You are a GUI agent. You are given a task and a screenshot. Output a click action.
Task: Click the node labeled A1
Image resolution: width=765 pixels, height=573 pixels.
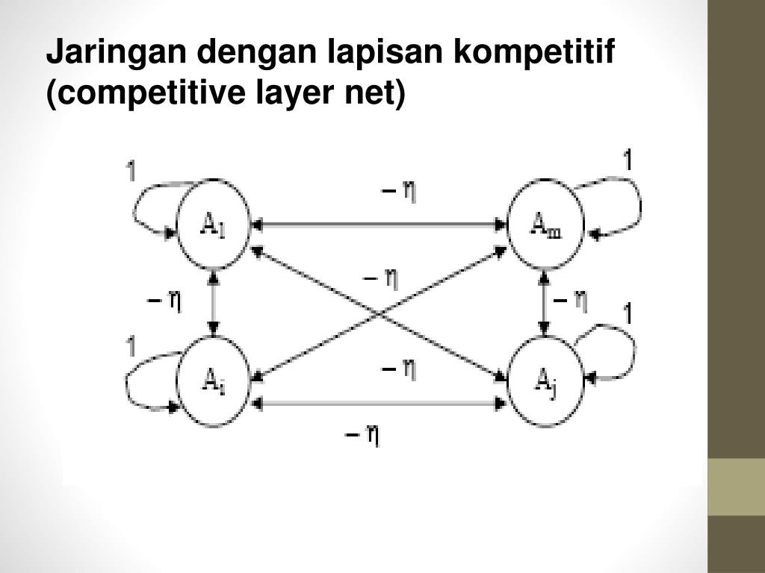[214, 223]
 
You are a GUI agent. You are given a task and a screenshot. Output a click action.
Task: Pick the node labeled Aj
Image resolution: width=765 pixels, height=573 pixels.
[545, 382]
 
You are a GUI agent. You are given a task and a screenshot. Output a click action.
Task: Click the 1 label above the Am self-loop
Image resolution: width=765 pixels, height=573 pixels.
[628, 159]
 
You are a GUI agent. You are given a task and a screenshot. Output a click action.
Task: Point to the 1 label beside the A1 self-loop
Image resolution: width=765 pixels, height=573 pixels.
[130, 172]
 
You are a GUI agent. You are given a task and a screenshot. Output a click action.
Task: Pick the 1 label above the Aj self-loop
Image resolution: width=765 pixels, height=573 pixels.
[628, 314]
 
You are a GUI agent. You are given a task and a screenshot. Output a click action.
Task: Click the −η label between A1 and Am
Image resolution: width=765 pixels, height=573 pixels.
[399, 192]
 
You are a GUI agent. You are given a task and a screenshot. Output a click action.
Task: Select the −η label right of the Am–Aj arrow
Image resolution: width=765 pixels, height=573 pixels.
[572, 301]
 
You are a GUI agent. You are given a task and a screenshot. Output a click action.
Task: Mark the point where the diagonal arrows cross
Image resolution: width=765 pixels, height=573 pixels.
[380, 311]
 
